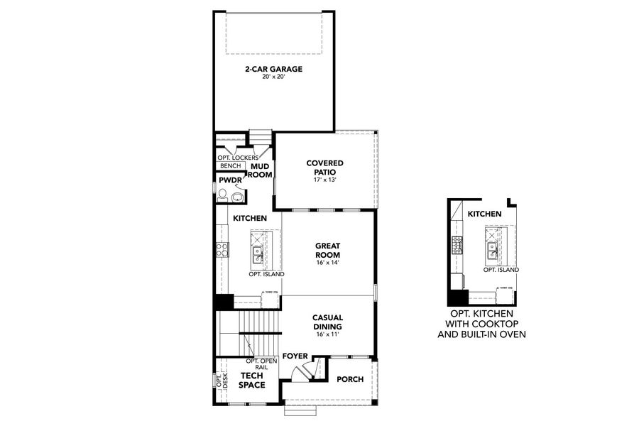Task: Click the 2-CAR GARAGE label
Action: pyautogui.click(x=274, y=69)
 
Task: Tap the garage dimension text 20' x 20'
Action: pyautogui.click(x=274, y=76)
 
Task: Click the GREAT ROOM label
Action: pyautogui.click(x=328, y=251)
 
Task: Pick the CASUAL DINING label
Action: pyautogui.click(x=328, y=322)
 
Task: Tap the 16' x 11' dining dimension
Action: pyautogui.click(x=328, y=334)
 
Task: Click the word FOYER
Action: pyautogui.click(x=295, y=355)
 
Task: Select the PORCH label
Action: pyautogui.click(x=350, y=380)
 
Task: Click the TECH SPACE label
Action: pyautogui.click(x=252, y=381)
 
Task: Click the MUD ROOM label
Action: pyautogui.click(x=260, y=170)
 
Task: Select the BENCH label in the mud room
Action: pyautogui.click(x=230, y=165)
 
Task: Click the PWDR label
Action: pyautogui.click(x=231, y=180)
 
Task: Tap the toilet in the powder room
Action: pyautogui.click(x=223, y=194)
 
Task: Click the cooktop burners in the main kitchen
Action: pyautogui.click(x=222, y=249)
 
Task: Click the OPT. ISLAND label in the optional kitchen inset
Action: pyautogui.click(x=501, y=270)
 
